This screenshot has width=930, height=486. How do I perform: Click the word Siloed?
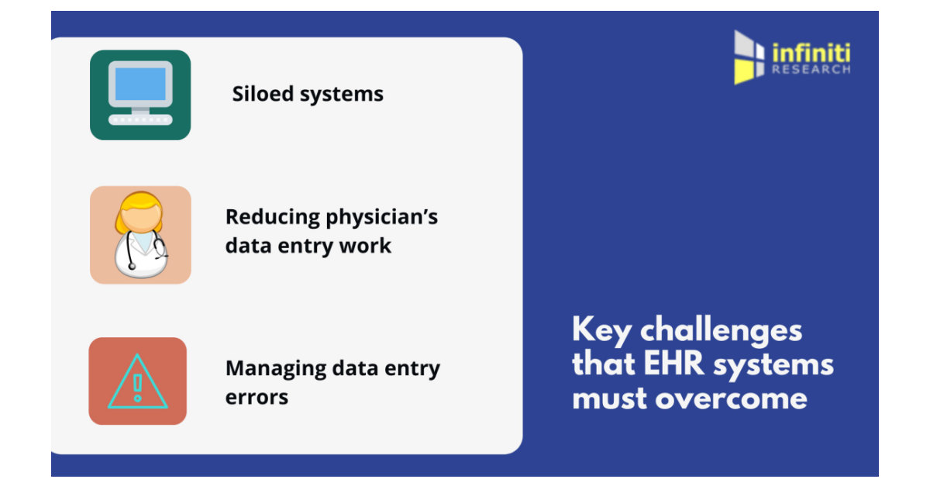pyautogui.click(x=261, y=94)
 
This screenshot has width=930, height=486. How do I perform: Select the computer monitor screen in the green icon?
pyautogui.click(x=140, y=84)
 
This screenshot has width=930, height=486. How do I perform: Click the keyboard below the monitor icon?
pyautogui.click(x=140, y=119)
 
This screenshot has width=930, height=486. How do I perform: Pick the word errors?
pyautogui.click(x=257, y=397)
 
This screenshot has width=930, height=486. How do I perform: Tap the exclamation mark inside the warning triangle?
pyautogui.click(x=138, y=386)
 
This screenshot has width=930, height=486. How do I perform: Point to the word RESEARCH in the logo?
pyautogui.click(x=811, y=69)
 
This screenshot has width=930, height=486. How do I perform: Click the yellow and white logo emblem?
pyautogui.click(x=749, y=57)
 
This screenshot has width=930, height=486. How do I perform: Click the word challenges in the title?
pyautogui.click(x=721, y=331)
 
